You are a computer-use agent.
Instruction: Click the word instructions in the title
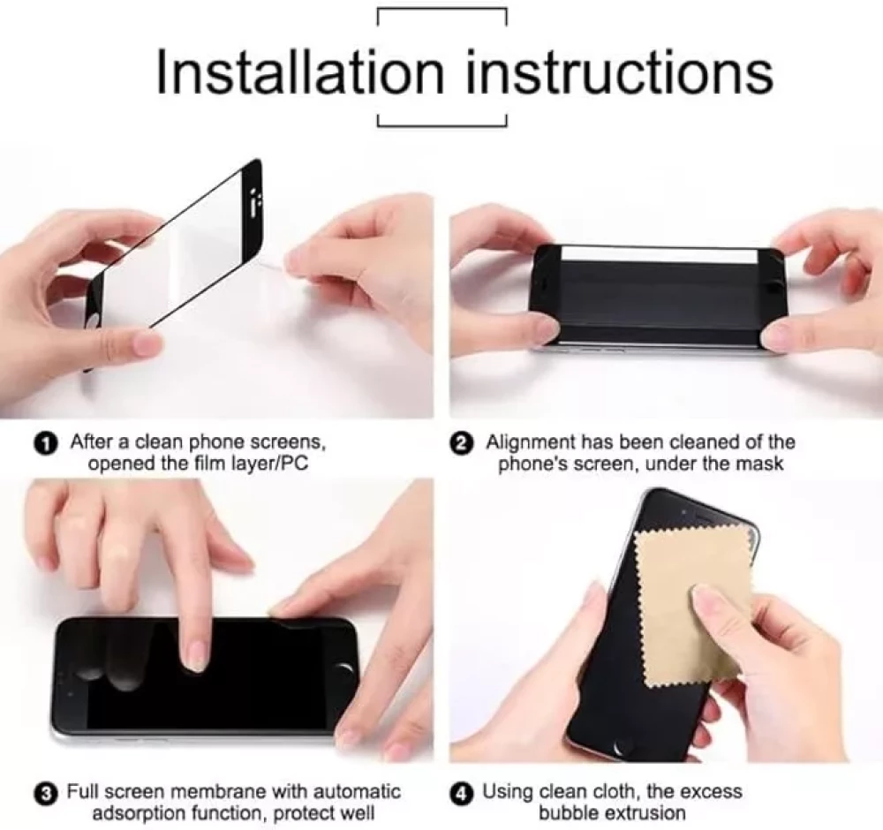pyautogui.click(x=620, y=72)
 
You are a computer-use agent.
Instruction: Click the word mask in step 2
pyautogui.click(x=763, y=464)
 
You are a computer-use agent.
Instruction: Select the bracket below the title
pyautogui.click(x=442, y=124)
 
